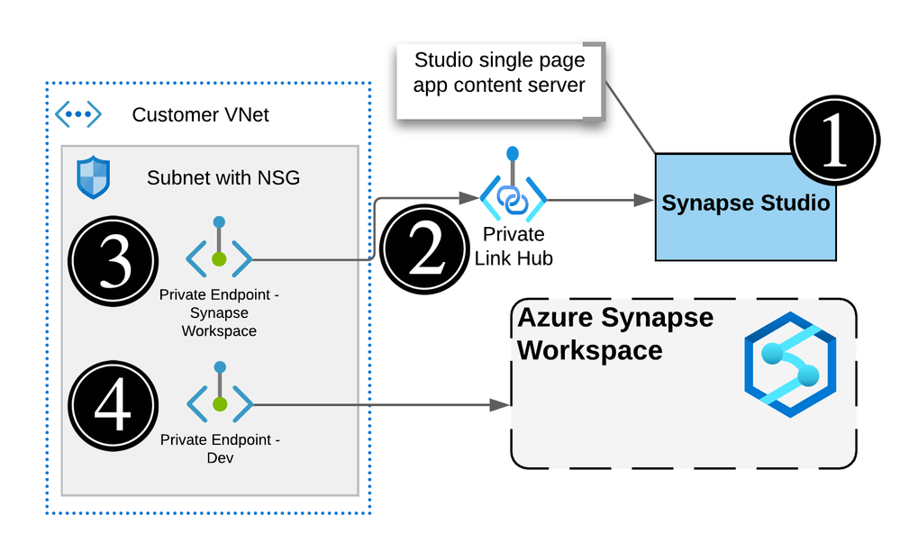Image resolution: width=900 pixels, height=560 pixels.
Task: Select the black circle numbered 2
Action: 425,248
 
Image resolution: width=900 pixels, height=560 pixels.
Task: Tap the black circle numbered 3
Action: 114,261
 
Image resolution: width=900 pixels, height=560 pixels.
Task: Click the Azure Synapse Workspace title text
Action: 614,333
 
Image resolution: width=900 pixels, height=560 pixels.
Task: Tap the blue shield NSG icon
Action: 93,176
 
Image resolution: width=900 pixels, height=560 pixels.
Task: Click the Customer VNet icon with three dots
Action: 78,114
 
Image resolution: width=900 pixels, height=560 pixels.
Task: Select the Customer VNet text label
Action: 200,115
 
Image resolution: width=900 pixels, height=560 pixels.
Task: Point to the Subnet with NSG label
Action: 223,177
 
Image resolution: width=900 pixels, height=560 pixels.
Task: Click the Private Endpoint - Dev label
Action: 220,448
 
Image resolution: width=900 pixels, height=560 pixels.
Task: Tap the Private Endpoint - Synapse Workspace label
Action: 220,312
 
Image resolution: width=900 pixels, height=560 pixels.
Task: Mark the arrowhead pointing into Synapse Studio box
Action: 645,200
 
